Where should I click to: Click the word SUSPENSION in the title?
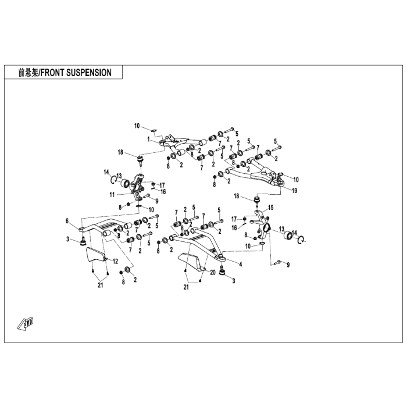pyautogui.click(x=89, y=73)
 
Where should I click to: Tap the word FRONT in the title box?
pyautogui.click(x=53, y=73)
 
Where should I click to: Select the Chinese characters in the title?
pyautogui.click(x=28, y=73)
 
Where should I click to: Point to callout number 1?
pyautogui.click(x=148, y=140)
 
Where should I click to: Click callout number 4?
pyautogui.click(x=241, y=264)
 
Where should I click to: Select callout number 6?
pyautogui.click(x=67, y=220)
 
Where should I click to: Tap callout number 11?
pyautogui.click(x=112, y=195)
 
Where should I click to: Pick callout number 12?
pyautogui.click(x=115, y=262)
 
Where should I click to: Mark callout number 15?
pyautogui.click(x=271, y=208)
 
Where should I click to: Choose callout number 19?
pyautogui.click(x=294, y=191)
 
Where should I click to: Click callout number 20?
pyautogui.click(x=213, y=273)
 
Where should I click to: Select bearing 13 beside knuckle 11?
pyautogui.click(x=126, y=183)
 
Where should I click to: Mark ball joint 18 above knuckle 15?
pyautogui.click(x=257, y=201)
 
